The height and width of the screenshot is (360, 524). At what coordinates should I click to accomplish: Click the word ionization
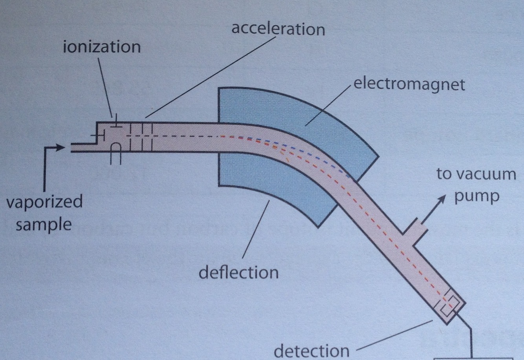pos(102,47)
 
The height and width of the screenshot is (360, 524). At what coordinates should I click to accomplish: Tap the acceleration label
pos(278,29)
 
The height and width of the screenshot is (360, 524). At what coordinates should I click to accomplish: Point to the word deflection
pos(238,272)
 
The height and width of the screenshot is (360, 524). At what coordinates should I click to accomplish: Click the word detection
pos(311,351)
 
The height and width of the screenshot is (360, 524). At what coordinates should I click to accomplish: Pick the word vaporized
pos(44,202)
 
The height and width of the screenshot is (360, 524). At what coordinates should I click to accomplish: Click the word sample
pos(44,225)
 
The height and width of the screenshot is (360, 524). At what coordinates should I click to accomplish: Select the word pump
pos(476,195)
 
